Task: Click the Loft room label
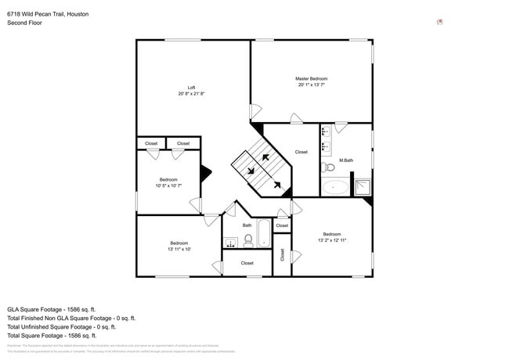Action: coord(191,87)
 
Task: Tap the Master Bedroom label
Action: coord(311,78)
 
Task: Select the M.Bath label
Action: coord(345,160)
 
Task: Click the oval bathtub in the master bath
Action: coord(337,187)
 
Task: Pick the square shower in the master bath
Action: coord(363,186)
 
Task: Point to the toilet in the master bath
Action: coord(329,167)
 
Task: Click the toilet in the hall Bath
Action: coord(248,240)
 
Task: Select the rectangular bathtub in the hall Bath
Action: coord(264,234)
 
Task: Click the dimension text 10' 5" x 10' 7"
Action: coord(168,186)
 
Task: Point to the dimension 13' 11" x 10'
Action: coord(179,250)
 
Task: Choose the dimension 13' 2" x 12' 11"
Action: coord(332,240)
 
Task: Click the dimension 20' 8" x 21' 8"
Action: coord(191,94)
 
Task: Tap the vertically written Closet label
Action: coord(282,254)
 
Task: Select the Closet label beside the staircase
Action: coord(301,152)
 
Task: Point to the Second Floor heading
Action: coord(24,23)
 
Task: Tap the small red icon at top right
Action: coord(440,22)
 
